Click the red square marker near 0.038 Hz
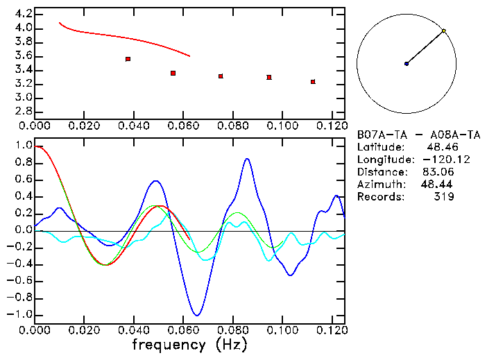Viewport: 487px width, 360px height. [128, 60]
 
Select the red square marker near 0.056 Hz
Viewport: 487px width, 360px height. [173, 73]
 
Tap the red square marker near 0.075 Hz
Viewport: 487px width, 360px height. [221, 76]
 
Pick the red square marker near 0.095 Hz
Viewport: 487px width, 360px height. [268, 77]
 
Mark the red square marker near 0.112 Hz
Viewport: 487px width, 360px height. [313, 82]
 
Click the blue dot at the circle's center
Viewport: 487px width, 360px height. [407, 64]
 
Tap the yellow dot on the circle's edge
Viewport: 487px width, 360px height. [443, 31]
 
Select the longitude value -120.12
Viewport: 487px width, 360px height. [437, 160]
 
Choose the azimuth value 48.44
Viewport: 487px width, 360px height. [435, 185]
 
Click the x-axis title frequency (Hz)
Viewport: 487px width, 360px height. [189, 344]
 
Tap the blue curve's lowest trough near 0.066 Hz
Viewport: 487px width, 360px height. [198, 316]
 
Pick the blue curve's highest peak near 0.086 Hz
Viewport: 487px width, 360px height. [247, 159]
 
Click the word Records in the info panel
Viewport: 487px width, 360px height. [379, 197]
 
